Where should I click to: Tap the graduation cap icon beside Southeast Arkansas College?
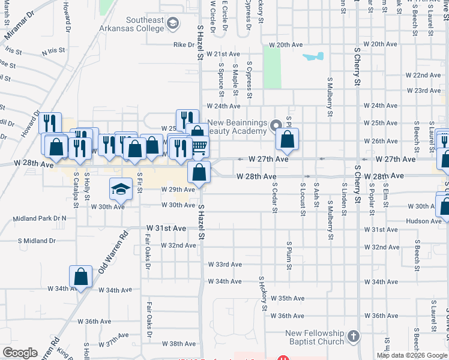click(x=173, y=23)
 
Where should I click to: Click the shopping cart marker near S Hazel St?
click(x=199, y=146)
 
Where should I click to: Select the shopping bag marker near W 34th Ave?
click(x=80, y=277)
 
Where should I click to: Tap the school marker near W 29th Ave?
click(x=120, y=189)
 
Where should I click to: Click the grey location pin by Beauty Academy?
click(x=276, y=126)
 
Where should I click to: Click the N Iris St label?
click(x=53, y=52)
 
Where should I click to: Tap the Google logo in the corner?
click(x=20, y=353)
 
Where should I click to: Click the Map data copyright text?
click(x=412, y=355)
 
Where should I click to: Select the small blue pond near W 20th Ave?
click(x=313, y=57)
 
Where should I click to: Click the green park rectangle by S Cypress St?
click(x=272, y=67)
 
